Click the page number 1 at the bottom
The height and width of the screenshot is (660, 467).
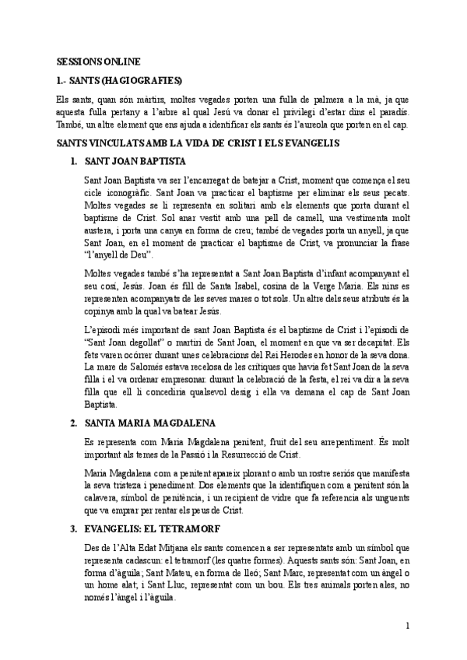[x=407, y=627]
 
